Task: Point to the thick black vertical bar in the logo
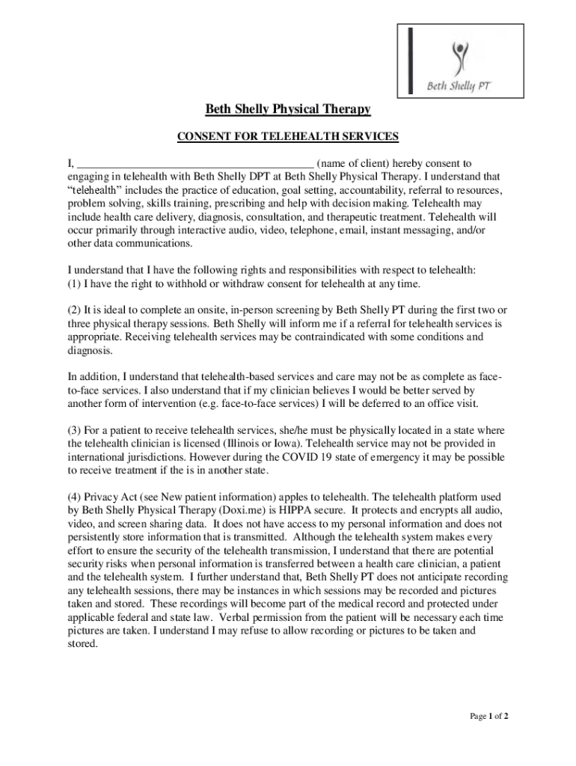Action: (411, 61)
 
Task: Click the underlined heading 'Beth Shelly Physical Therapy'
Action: (288, 110)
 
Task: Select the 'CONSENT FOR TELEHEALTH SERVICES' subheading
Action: (288, 137)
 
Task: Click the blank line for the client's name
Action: (196, 164)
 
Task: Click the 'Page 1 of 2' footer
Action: (489, 716)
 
